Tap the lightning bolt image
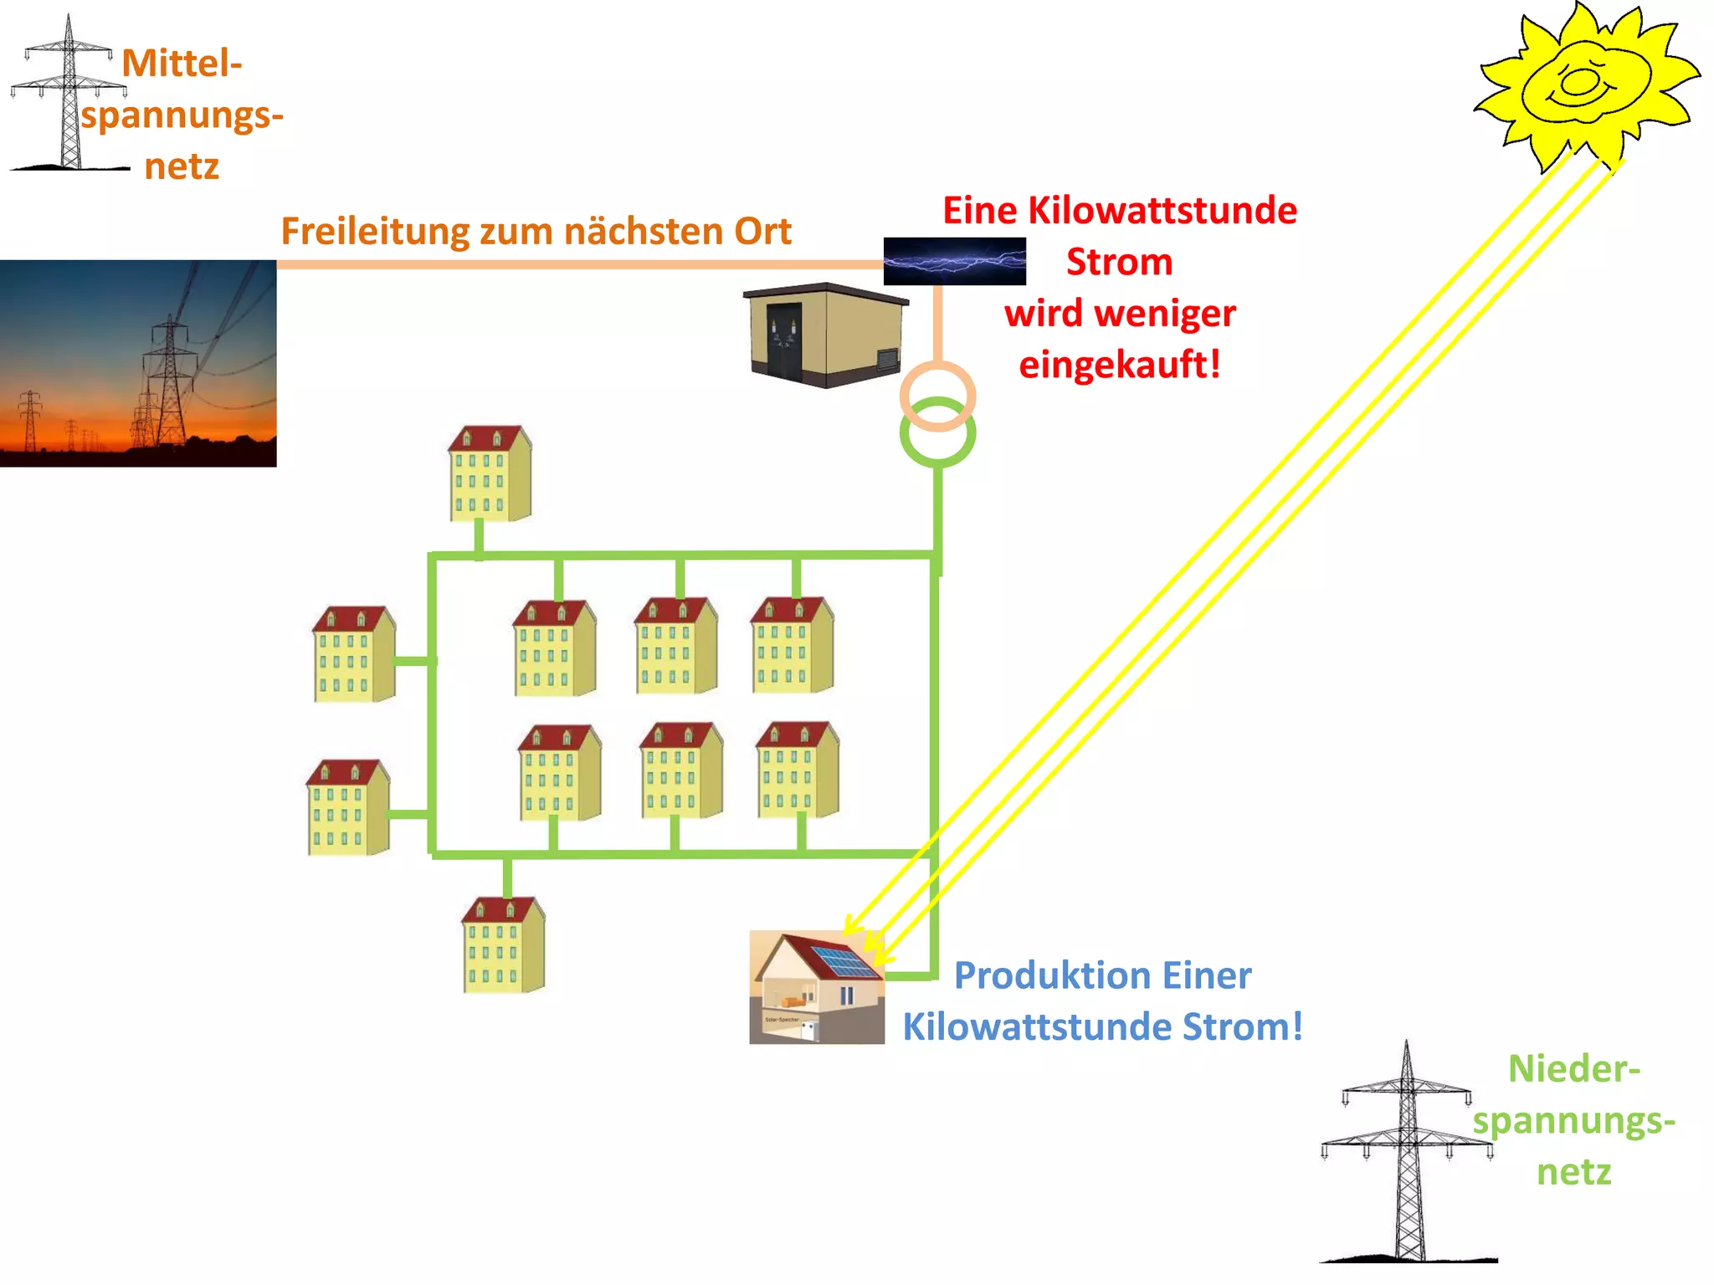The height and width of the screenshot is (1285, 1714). (954, 261)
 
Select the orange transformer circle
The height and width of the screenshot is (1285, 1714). (937, 395)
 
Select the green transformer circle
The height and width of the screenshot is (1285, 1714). (937, 433)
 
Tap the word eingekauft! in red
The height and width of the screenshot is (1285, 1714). (1119, 365)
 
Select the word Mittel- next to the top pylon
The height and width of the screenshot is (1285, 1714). (182, 64)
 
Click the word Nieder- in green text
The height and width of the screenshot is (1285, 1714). (1573, 1069)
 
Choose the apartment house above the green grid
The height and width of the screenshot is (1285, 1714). (490, 474)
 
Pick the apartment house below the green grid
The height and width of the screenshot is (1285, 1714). (503, 945)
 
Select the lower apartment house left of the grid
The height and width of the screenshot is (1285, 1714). (347, 807)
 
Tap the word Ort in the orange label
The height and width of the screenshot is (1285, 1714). (762, 232)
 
